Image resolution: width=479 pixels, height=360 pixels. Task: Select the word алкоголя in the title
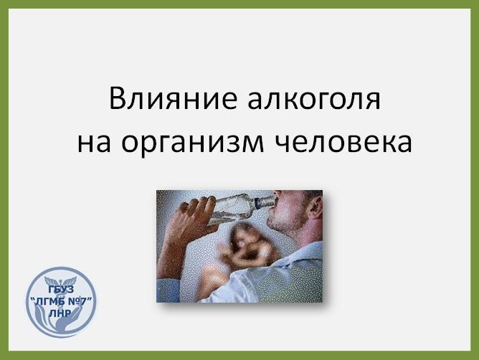click(x=314, y=99)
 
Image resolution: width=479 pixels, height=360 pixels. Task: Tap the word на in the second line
click(x=94, y=143)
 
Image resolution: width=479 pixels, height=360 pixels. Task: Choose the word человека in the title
click(x=343, y=143)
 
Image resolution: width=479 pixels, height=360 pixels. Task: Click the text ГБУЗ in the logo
click(x=61, y=289)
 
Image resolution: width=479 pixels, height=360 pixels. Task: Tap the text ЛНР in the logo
click(x=60, y=313)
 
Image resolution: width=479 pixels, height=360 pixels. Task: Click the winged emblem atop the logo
click(x=60, y=280)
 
